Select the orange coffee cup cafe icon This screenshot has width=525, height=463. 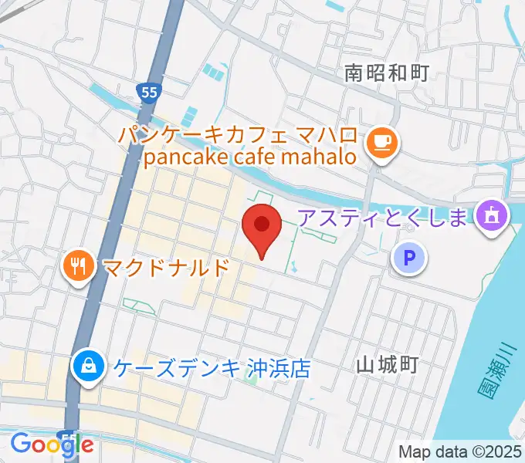coord(381,141)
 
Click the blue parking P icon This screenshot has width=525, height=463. coord(409,258)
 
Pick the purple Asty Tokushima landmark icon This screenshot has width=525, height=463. coord(491,215)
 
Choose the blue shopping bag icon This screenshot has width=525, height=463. coord(90,366)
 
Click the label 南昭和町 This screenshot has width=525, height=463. coord(386,73)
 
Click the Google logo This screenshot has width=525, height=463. coord(52,444)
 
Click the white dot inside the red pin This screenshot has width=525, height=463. coord(262,224)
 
